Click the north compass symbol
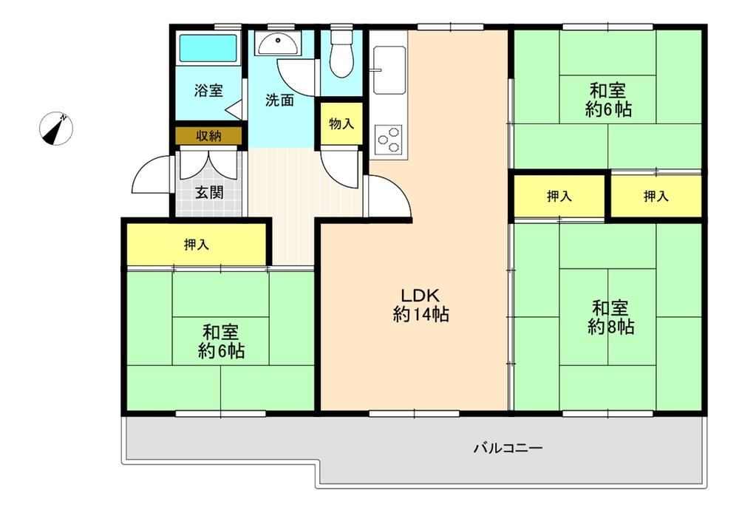pos(56,128)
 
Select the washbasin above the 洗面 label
pos(278,44)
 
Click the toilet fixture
pos(341,52)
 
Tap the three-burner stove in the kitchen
pos(389,139)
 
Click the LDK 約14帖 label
pos(420,305)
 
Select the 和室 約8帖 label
pos(610,318)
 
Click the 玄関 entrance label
pos(209,192)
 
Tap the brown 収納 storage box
pos(209,136)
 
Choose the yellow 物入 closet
pos(341,123)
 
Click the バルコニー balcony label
pos(508,447)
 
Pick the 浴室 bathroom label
pos(208,90)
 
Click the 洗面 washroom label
pos(279,100)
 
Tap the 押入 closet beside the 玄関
pos(196,244)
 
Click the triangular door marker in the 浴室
pos(235,110)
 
